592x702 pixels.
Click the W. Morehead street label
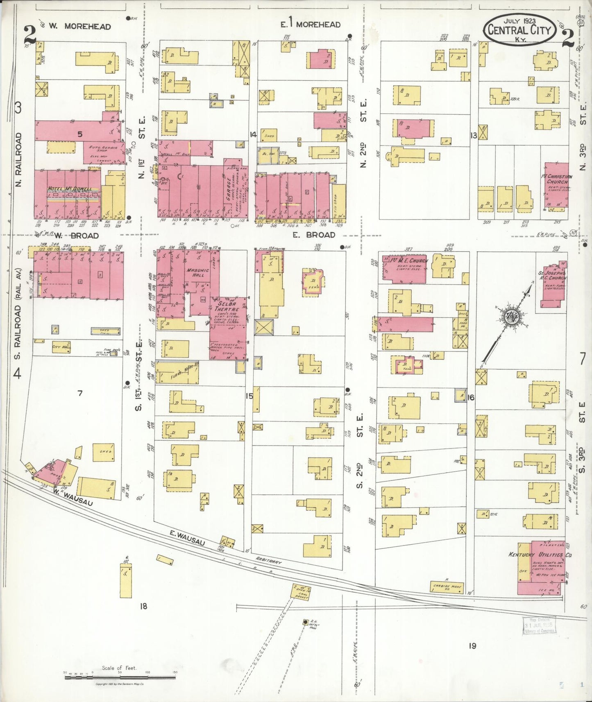pyautogui.click(x=79, y=27)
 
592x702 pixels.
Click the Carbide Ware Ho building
pyautogui.click(x=447, y=587)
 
